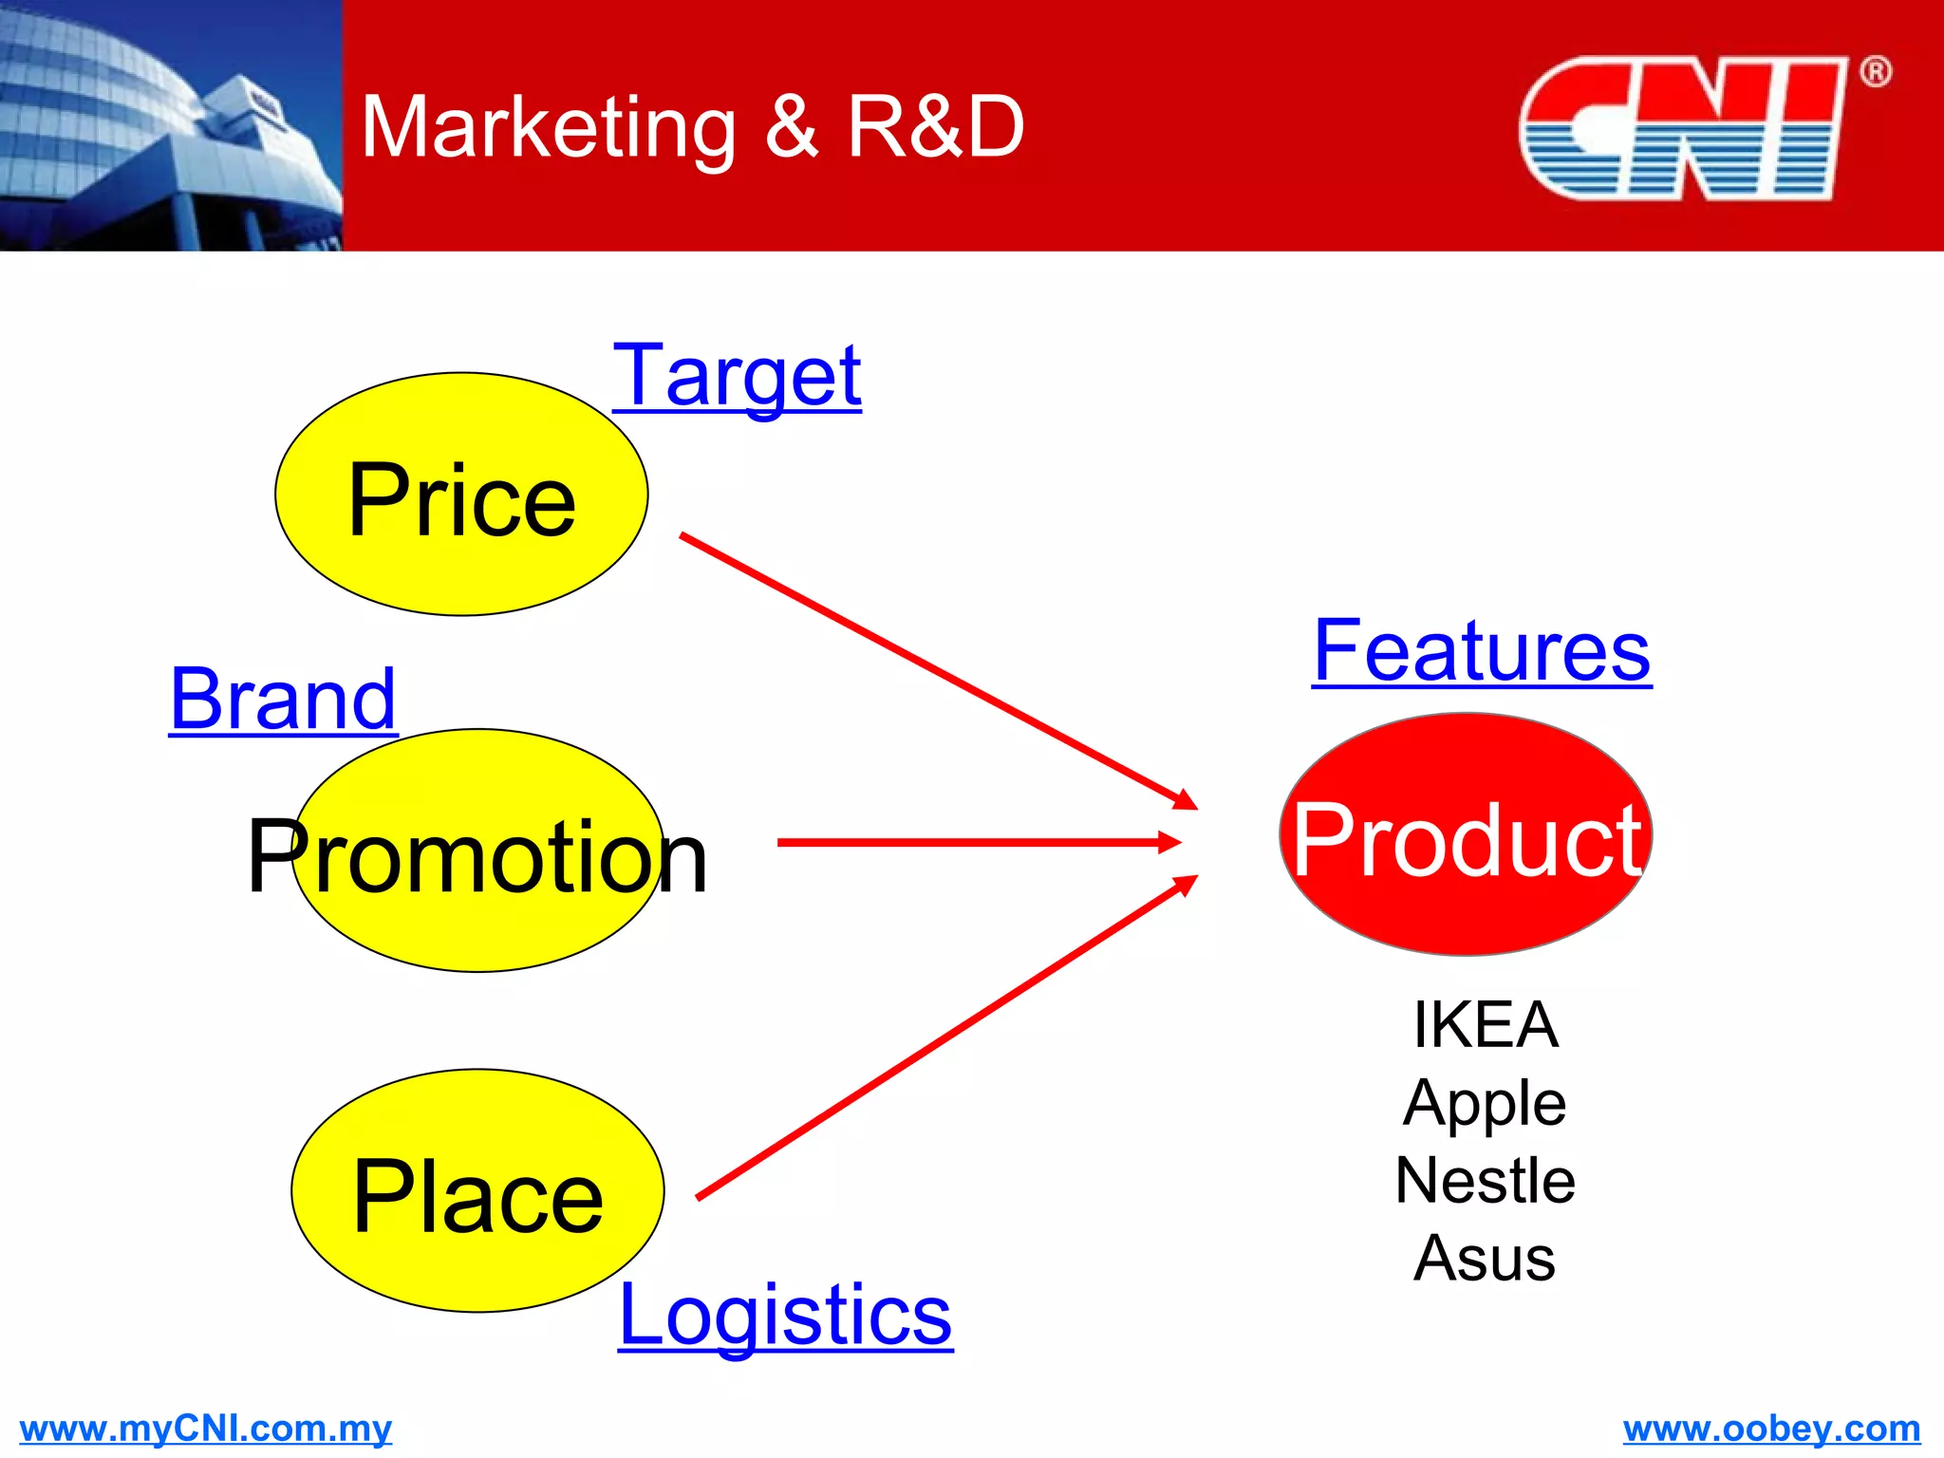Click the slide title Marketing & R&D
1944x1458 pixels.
click(692, 128)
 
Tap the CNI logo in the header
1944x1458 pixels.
click(1681, 128)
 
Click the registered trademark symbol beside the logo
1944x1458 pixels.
click(1875, 72)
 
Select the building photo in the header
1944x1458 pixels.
click(171, 125)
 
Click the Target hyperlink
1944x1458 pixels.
click(738, 377)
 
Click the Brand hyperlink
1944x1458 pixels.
click(283, 700)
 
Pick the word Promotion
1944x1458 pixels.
click(477, 857)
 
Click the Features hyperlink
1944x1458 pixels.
click(1482, 651)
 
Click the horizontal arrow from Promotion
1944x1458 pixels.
click(978, 842)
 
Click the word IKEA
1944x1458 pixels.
click(1485, 1025)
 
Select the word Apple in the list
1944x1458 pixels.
click(1485, 1103)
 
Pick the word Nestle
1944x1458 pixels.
click(1485, 1181)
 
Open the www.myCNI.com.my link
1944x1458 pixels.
click(205, 1429)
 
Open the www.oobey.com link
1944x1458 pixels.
click(1771, 1429)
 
